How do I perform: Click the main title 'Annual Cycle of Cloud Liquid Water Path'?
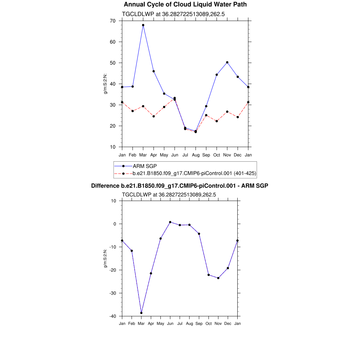(185, 5)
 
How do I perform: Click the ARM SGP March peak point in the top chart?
(143, 25)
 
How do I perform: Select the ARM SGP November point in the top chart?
(227, 62)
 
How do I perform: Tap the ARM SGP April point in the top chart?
(154, 71)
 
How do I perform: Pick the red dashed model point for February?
(133, 111)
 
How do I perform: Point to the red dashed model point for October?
(217, 121)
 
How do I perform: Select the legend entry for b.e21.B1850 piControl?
(194, 173)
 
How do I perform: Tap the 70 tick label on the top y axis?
(112, 21)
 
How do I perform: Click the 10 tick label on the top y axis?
(112, 147)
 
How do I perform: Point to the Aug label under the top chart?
(196, 155)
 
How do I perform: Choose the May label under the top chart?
(164, 155)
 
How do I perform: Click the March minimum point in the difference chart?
(141, 313)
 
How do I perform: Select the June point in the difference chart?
(170, 222)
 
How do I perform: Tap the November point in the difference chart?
(218, 278)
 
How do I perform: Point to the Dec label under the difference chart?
(228, 323)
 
